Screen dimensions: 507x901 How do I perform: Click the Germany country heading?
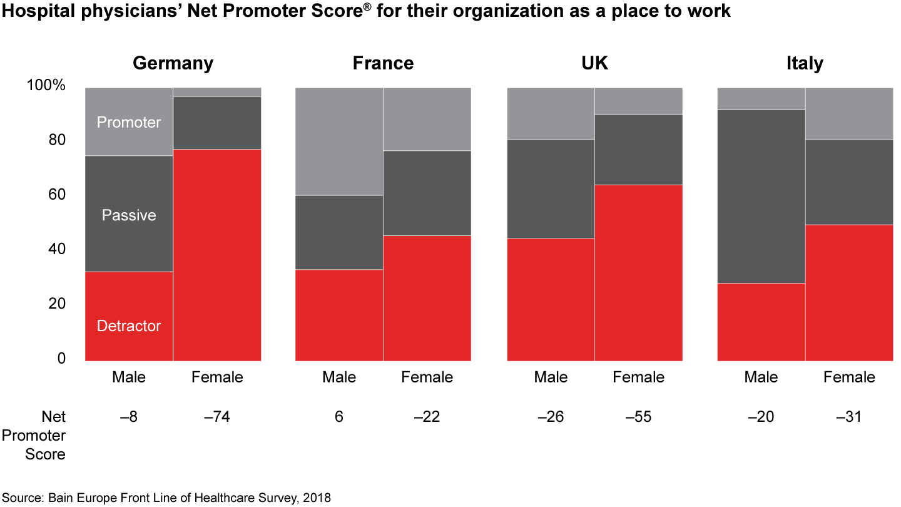coord(173,63)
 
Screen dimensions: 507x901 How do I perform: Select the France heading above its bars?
coord(383,63)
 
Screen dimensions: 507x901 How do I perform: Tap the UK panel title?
coord(594,63)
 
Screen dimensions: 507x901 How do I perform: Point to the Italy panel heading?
coord(805,63)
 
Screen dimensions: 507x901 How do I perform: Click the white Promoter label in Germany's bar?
coord(129,122)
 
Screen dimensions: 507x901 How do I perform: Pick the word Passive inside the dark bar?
coord(129,215)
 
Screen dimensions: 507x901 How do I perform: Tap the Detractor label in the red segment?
coord(129,326)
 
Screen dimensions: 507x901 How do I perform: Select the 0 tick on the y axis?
coord(61,359)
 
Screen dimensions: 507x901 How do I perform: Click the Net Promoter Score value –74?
coord(216,417)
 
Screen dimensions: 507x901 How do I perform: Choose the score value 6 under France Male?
coord(339,417)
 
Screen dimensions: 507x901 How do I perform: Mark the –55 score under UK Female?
coord(638,417)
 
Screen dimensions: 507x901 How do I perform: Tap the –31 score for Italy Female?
coord(849,417)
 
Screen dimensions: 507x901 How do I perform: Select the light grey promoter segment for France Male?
coord(339,141)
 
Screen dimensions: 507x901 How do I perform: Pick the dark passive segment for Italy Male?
coord(761,196)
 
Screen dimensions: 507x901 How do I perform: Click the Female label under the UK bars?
coord(638,377)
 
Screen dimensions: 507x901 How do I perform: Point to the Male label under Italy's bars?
coord(761,377)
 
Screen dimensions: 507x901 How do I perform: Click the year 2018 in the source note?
coord(317,498)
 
